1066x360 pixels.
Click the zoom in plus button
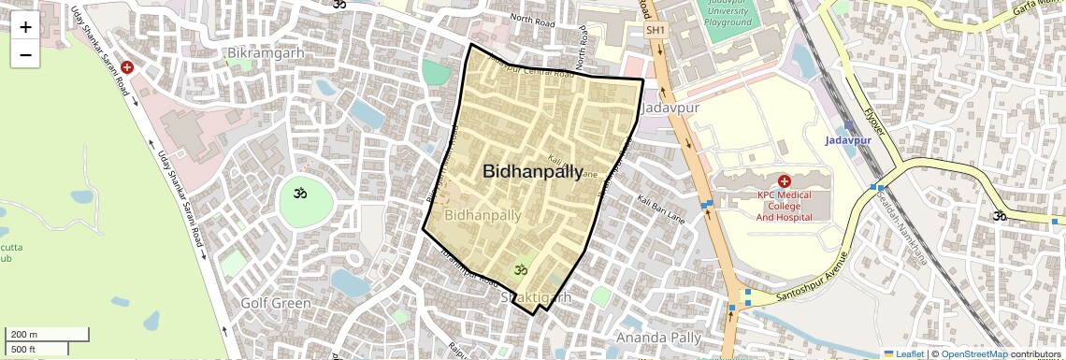25,27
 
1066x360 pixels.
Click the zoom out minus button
25,54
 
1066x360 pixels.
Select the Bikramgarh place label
266,53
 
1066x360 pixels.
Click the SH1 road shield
656,31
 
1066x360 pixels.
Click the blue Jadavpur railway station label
847,140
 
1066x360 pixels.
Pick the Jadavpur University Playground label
727,14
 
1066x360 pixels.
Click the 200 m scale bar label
24,334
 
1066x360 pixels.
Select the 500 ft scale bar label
23,349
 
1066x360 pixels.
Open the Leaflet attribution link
902,353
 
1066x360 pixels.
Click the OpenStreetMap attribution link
973,353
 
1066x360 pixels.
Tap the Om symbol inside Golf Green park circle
300,194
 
